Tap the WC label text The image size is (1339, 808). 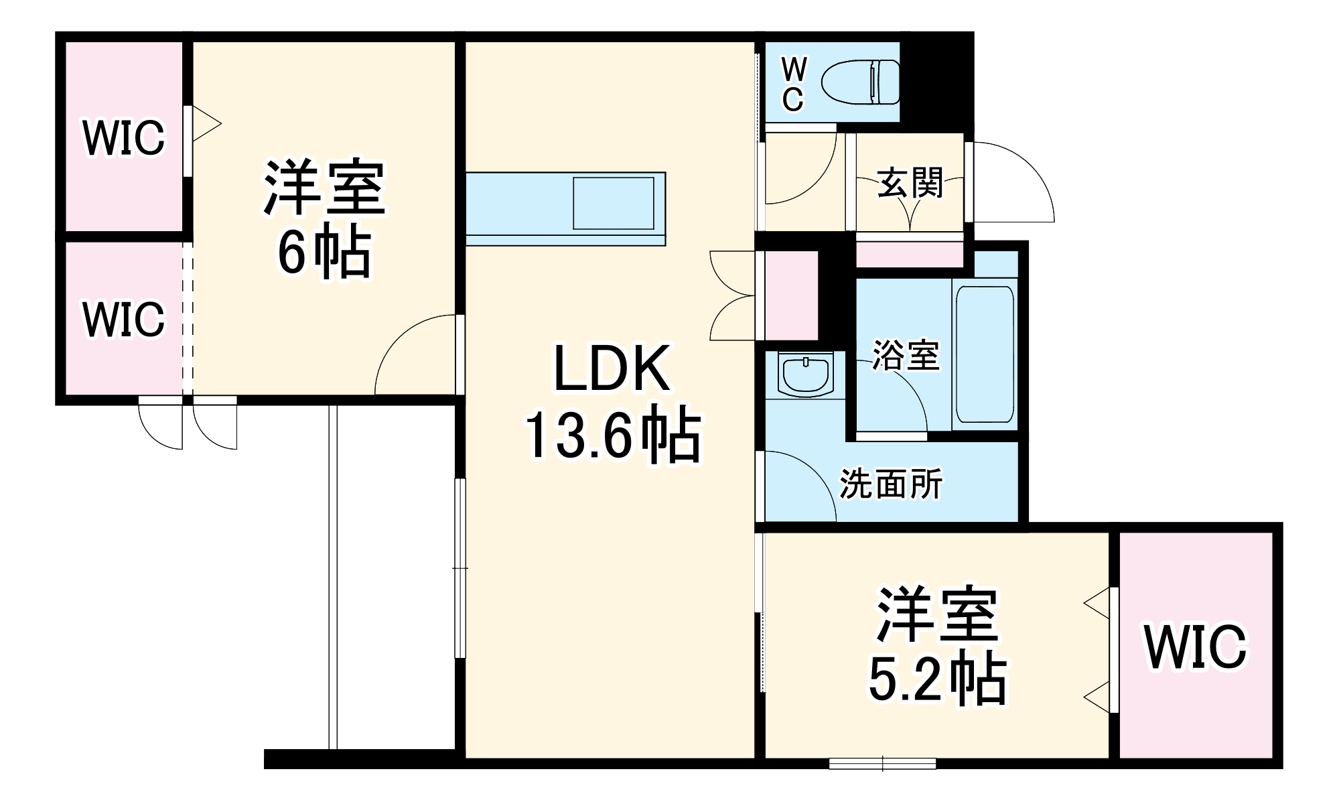794,84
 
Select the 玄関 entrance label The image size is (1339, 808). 910,182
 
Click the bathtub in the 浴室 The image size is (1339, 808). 984,354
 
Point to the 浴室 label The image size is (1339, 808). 905,355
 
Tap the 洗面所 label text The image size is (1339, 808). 891,482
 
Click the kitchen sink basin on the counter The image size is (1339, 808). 613,203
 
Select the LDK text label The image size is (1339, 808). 611,368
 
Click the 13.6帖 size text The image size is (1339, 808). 611,437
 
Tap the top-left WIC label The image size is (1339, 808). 123,138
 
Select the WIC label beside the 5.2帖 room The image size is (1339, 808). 1196,647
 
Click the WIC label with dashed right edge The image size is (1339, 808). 123,319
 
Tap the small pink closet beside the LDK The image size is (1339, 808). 791,295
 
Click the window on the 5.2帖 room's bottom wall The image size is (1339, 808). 882,763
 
